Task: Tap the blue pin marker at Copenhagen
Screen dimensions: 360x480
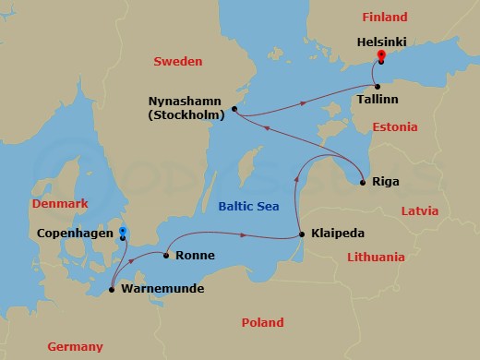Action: (123, 232)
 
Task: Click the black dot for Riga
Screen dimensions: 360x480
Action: (363, 182)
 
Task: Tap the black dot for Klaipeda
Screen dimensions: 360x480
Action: (303, 235)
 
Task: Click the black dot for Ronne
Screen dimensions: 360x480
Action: (165, 255)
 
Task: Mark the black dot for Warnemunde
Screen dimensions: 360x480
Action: (112, 290)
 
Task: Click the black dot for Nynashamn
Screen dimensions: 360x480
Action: (234, 109)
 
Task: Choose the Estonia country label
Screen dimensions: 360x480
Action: (395, 126)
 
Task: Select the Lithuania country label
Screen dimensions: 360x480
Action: (373, 257)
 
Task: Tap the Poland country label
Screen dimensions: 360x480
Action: (262, 322)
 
